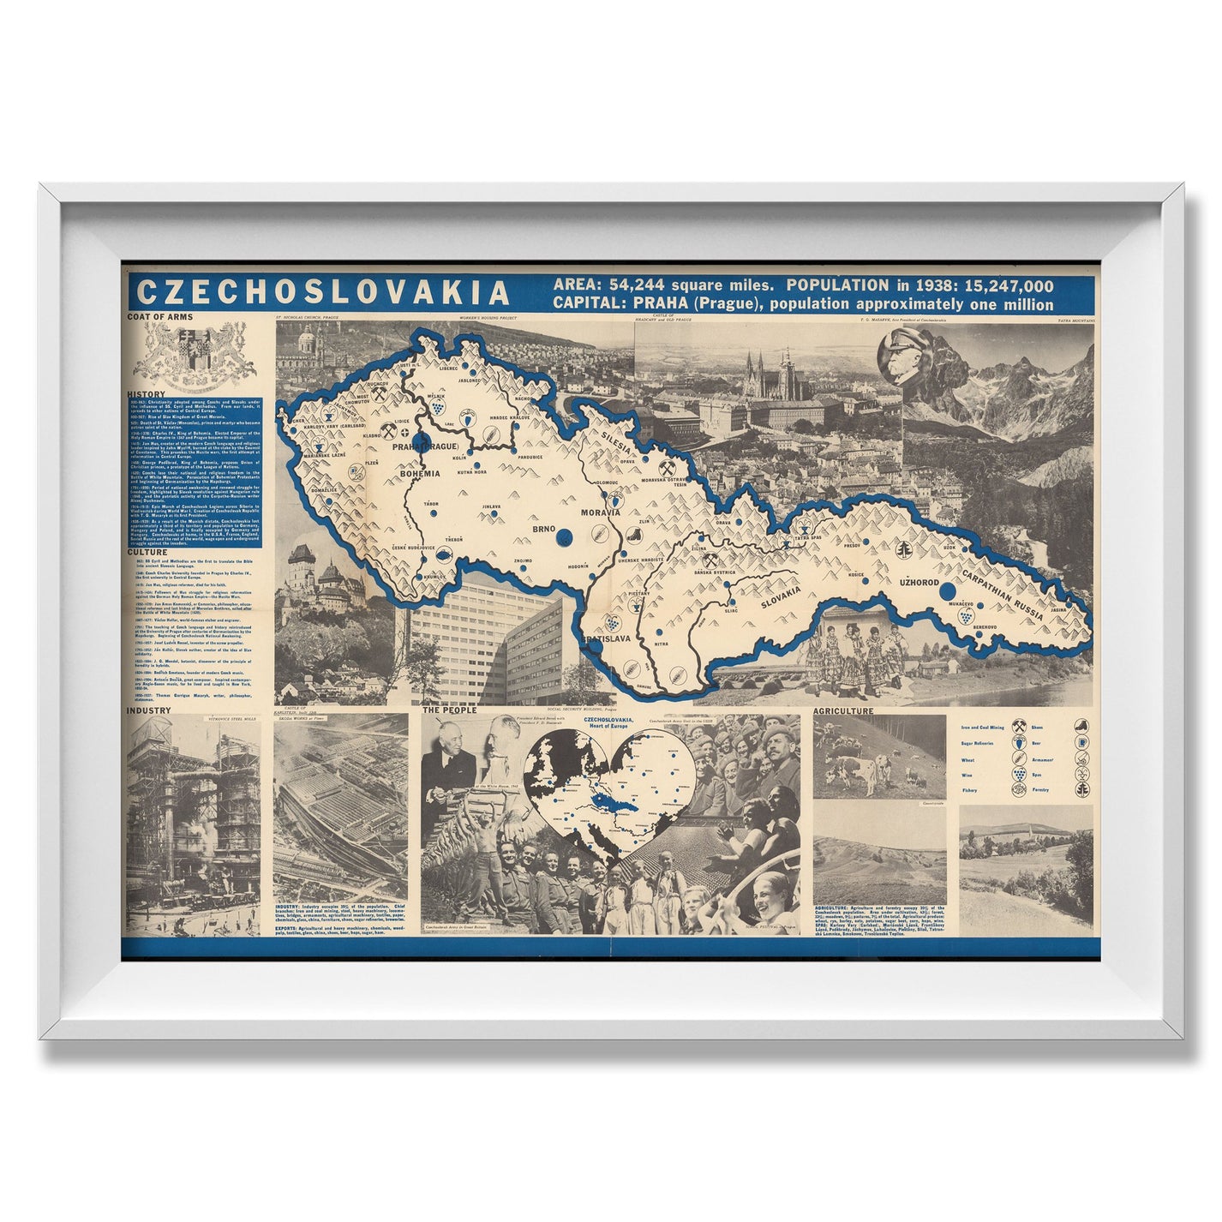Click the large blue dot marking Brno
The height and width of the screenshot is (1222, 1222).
point(564,536)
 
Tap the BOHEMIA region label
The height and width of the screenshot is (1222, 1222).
point(418,471)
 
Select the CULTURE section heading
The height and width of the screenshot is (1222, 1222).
point(148,552)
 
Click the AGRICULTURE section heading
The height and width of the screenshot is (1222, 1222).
point(844,711)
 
